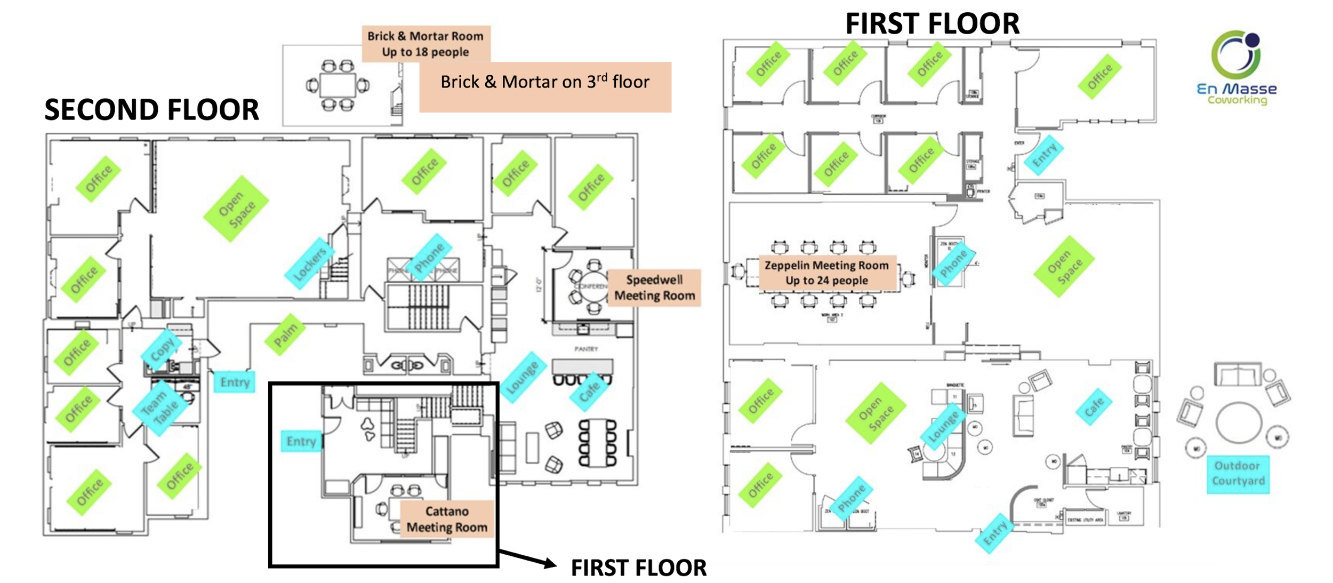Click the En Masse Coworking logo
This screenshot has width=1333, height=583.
tap(1236, 67)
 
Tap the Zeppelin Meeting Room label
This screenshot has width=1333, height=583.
tap(826, 273)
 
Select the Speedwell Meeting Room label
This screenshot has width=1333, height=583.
tap(654, 287)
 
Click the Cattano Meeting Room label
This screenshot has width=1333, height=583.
tap(447, 518)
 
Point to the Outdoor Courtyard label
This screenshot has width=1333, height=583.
tap(1238, 473)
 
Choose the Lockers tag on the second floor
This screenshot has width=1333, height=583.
tap(309, 263)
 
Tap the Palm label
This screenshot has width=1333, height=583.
tap(285, 334)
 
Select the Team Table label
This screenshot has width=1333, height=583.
tap(159, 408)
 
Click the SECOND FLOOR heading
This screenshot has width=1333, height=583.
tap(151, 110)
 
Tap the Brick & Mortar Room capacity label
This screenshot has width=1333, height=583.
tap(425, 44)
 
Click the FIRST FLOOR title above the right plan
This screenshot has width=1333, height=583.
tap(932, 24)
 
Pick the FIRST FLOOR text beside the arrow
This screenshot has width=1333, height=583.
tap(638, 568)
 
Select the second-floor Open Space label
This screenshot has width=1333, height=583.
tap(236, 209)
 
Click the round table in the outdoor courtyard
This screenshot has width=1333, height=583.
tap(1239, 422)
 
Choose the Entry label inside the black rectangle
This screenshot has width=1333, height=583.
tap(301, 441)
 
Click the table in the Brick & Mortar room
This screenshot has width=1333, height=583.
tap(338, 85)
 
